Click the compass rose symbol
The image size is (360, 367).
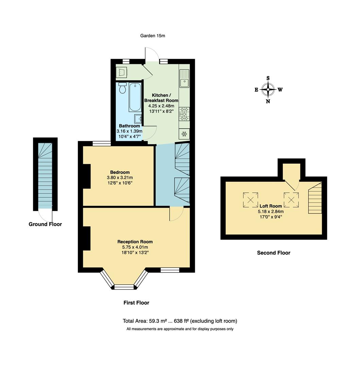tap(268, 90)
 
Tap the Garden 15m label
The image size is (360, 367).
tap(153, 36)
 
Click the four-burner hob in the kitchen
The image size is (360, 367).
tap(184, 114)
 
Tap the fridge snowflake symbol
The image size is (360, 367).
tap(184, 134)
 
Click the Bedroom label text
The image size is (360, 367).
tap(120, 172)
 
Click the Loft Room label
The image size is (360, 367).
tap(271, 206)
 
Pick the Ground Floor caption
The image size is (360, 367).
tap(45, 224)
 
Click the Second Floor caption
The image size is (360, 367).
tap(274, 253)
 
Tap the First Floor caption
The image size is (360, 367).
tap(136, 303)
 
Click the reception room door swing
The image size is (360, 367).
tap(176, 213)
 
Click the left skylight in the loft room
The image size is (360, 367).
tap(250, 199)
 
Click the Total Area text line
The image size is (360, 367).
tap(180, 321)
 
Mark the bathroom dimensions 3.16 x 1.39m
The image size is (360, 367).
tap(129, 131)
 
